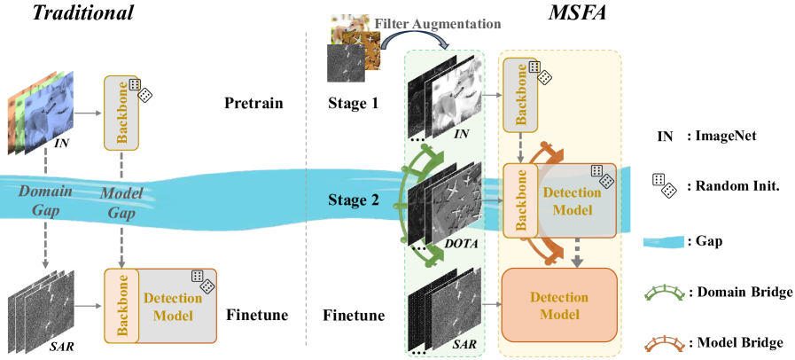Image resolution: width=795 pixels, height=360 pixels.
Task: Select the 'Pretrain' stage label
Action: coord(253,104)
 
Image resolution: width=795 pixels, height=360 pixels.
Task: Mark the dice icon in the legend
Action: coord(665,186)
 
